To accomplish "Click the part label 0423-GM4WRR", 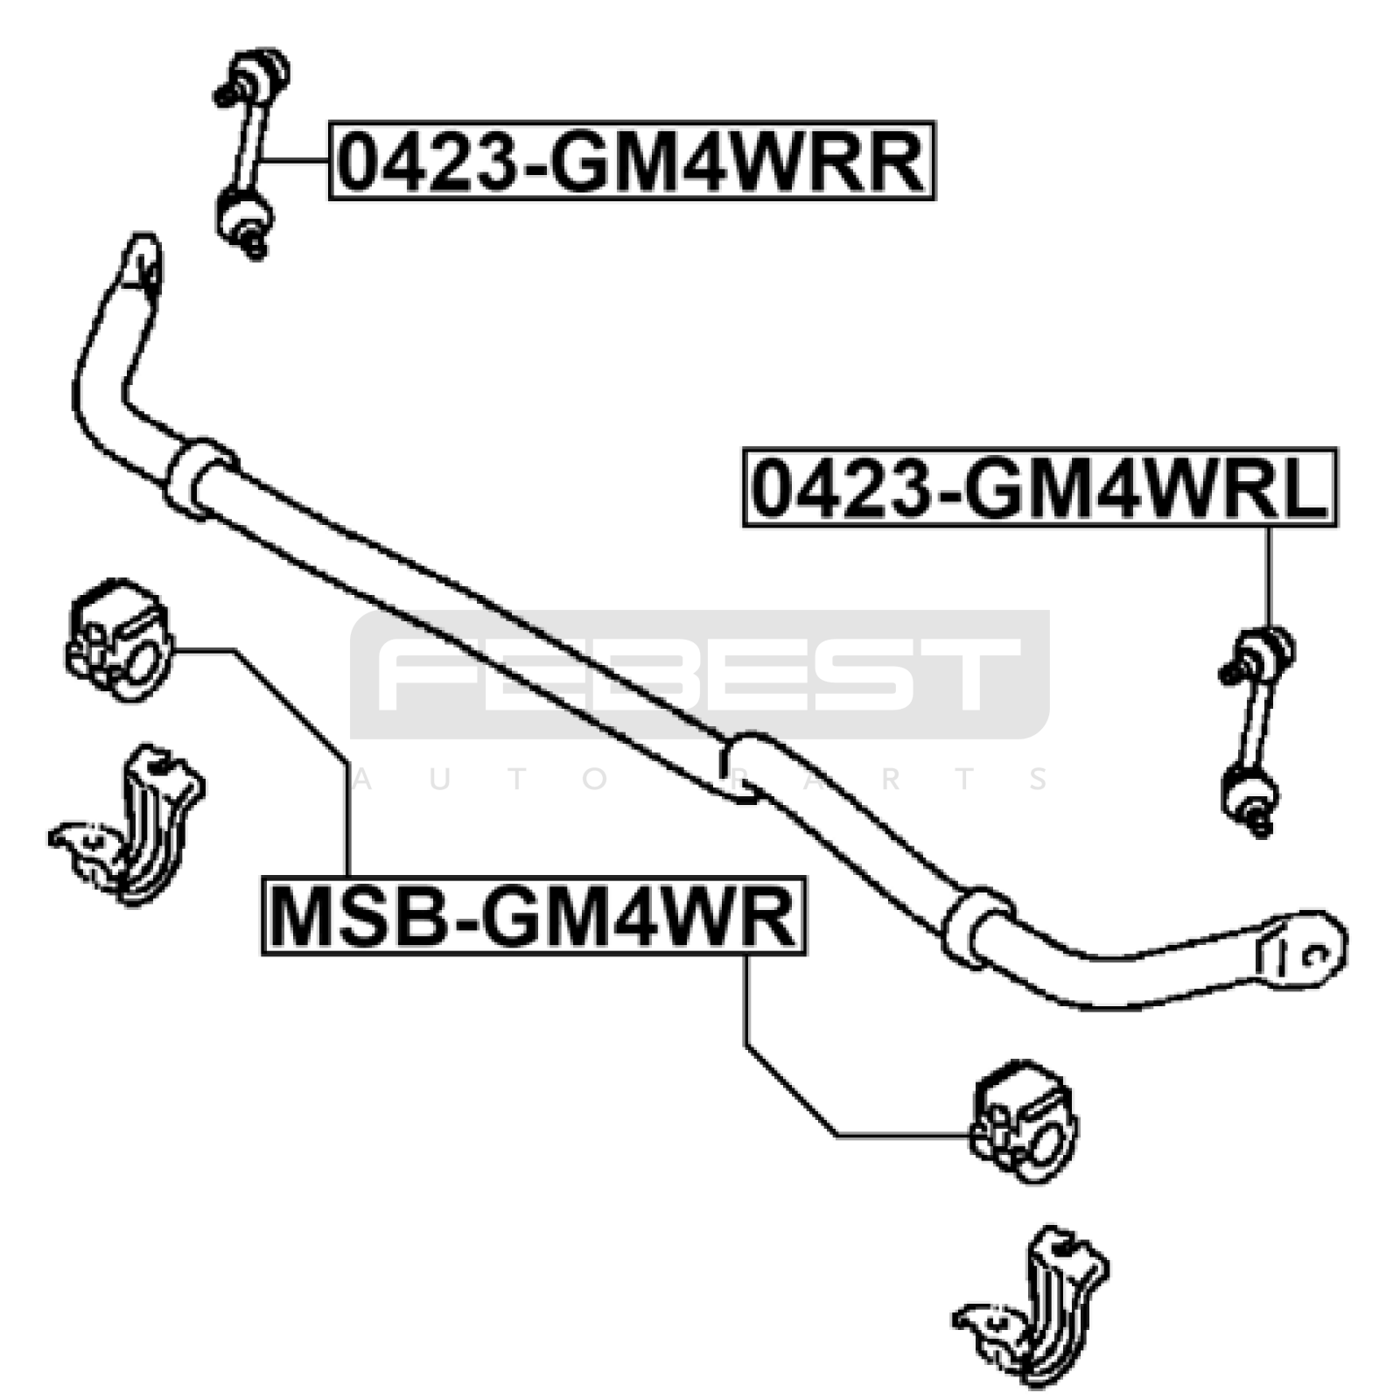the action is coord(632,160).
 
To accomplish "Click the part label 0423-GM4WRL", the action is coord(1039,487).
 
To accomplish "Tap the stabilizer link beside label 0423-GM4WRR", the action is coord(250,155).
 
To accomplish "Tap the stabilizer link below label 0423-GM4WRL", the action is coord(1256,731).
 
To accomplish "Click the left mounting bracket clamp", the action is coord(131,825).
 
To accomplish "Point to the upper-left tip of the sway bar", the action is coord(141,258).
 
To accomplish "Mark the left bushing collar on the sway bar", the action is coord(200,479).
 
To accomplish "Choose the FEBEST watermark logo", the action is coord(700,675).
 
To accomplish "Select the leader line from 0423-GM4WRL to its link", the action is coord(1268,577).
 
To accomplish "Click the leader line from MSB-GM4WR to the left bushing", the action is coord(262,761).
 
